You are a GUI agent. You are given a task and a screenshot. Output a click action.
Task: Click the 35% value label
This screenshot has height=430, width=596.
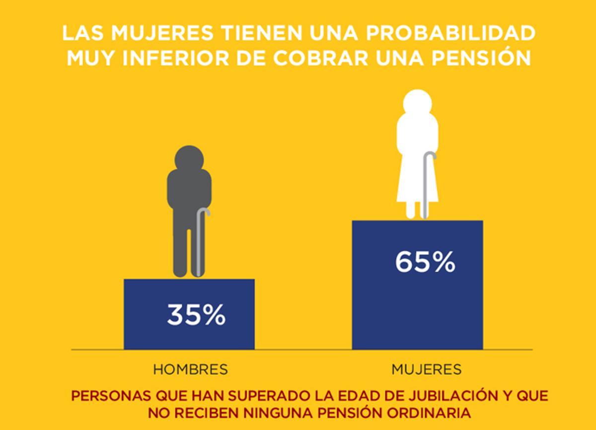tap(196, 315)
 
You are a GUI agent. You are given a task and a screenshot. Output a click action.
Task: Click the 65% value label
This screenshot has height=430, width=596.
tap(425, 262)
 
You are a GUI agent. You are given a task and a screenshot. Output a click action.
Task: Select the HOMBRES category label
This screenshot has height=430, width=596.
tap(190, 369)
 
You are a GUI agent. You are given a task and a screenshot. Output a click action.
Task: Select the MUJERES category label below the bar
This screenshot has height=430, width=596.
tap(426, 369)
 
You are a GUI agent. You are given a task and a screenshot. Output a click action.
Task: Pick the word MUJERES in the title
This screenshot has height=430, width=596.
tap(155, 34)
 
